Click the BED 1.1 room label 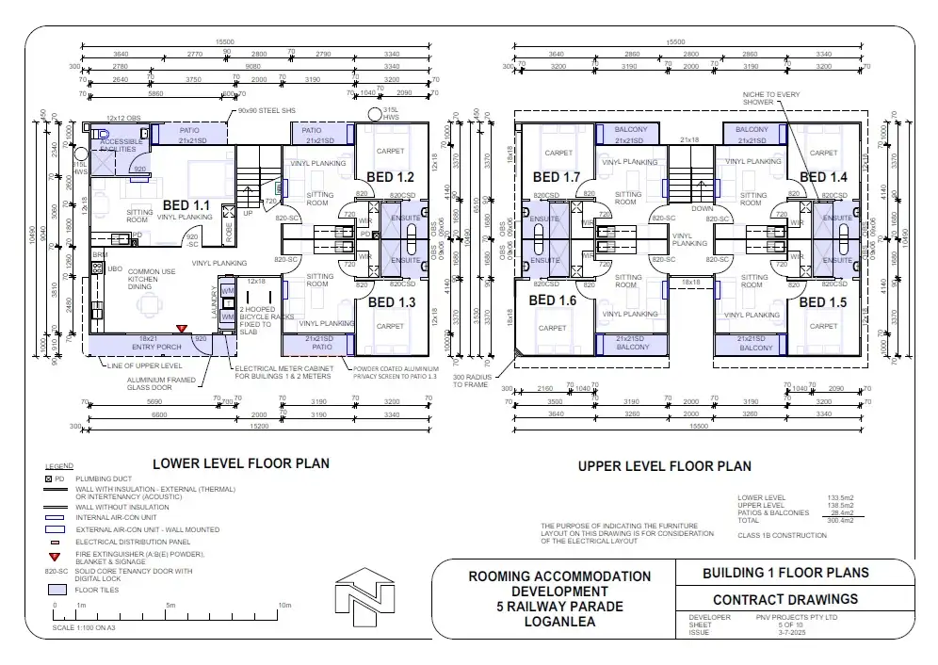[186, 204]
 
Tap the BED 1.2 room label [392, 177]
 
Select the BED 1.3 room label [392, 302]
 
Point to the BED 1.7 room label [557, 177]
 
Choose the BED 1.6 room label [553, 300]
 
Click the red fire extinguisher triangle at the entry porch [182, 328]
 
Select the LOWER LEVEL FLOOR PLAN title [241, 462]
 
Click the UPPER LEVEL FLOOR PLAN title [664, 465]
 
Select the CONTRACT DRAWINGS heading [785, 599]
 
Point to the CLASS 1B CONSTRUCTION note [782, 536]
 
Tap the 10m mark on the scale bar [284, 606]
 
